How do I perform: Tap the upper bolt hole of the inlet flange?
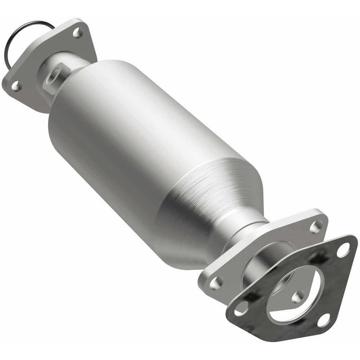tap(78, 34)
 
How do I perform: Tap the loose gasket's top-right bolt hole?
tap(343, 250)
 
